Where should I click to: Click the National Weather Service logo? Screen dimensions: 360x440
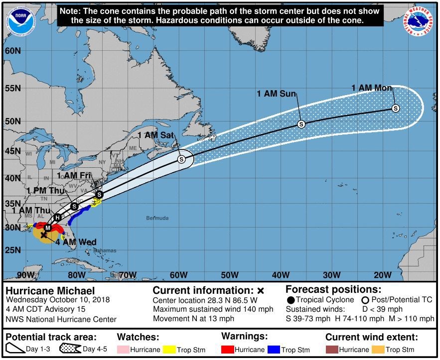[x=418, y=21]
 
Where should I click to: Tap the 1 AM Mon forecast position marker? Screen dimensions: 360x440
[x=396, y=108]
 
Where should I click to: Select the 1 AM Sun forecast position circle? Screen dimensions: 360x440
[x=301, y=124]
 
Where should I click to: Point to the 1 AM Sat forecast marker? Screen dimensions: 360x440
[x=181, y=159]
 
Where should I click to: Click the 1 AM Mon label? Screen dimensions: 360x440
[x=372, y=88]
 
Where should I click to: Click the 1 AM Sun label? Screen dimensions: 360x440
[x=277, y=93]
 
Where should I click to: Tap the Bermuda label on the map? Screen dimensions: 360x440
[x=157, y=218]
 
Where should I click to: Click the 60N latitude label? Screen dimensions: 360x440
[x=12, y=51]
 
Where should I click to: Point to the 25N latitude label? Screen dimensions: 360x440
[x=12, y=249]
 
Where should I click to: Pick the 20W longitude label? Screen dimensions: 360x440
[x=382, y=274]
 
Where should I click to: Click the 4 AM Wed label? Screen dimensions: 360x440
[x=76, y=242]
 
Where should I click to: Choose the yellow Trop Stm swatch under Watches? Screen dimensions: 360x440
[x=178, y=350]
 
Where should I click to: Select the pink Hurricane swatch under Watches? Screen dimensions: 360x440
[x=123, y=350]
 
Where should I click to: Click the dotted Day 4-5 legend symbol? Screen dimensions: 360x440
[x=70, y=350]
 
